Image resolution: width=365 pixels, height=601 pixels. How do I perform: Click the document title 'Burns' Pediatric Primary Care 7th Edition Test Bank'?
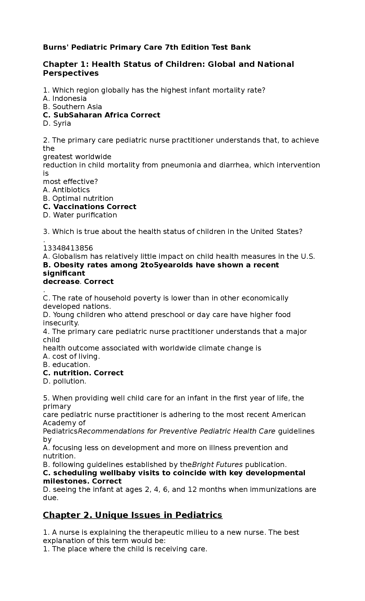(x=147, y=47)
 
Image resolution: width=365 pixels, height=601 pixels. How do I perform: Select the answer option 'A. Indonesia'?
(x=65, y=98)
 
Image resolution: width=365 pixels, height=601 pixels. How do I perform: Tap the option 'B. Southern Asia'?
(x=72, y=107)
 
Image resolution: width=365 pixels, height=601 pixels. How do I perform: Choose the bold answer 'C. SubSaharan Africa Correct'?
(x=102, y=115)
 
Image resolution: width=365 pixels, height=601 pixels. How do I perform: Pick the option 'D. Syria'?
(x=57, y=123)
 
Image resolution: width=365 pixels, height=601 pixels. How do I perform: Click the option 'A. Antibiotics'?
(x=66, y=190)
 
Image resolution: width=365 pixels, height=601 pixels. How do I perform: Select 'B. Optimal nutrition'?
(x=78, y=198)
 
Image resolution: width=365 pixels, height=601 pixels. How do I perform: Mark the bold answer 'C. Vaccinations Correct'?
(x=90, y=207)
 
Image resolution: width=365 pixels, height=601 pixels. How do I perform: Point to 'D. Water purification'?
(x=80, y=215)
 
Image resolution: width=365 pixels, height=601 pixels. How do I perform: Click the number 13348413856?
(x=68, y=248)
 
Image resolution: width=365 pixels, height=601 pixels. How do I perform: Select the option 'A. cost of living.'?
(x=71, y=356)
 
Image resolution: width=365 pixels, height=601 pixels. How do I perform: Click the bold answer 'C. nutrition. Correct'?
(x=83, y=373)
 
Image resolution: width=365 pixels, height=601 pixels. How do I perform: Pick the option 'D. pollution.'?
(x=64, y=381)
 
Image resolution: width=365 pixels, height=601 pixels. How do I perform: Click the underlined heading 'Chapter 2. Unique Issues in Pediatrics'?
(x=133, y=515)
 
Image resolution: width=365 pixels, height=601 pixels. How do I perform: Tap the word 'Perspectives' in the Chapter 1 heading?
(x=71, y=73)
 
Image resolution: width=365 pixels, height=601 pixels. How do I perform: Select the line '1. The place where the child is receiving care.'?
(x=125, y=549)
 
